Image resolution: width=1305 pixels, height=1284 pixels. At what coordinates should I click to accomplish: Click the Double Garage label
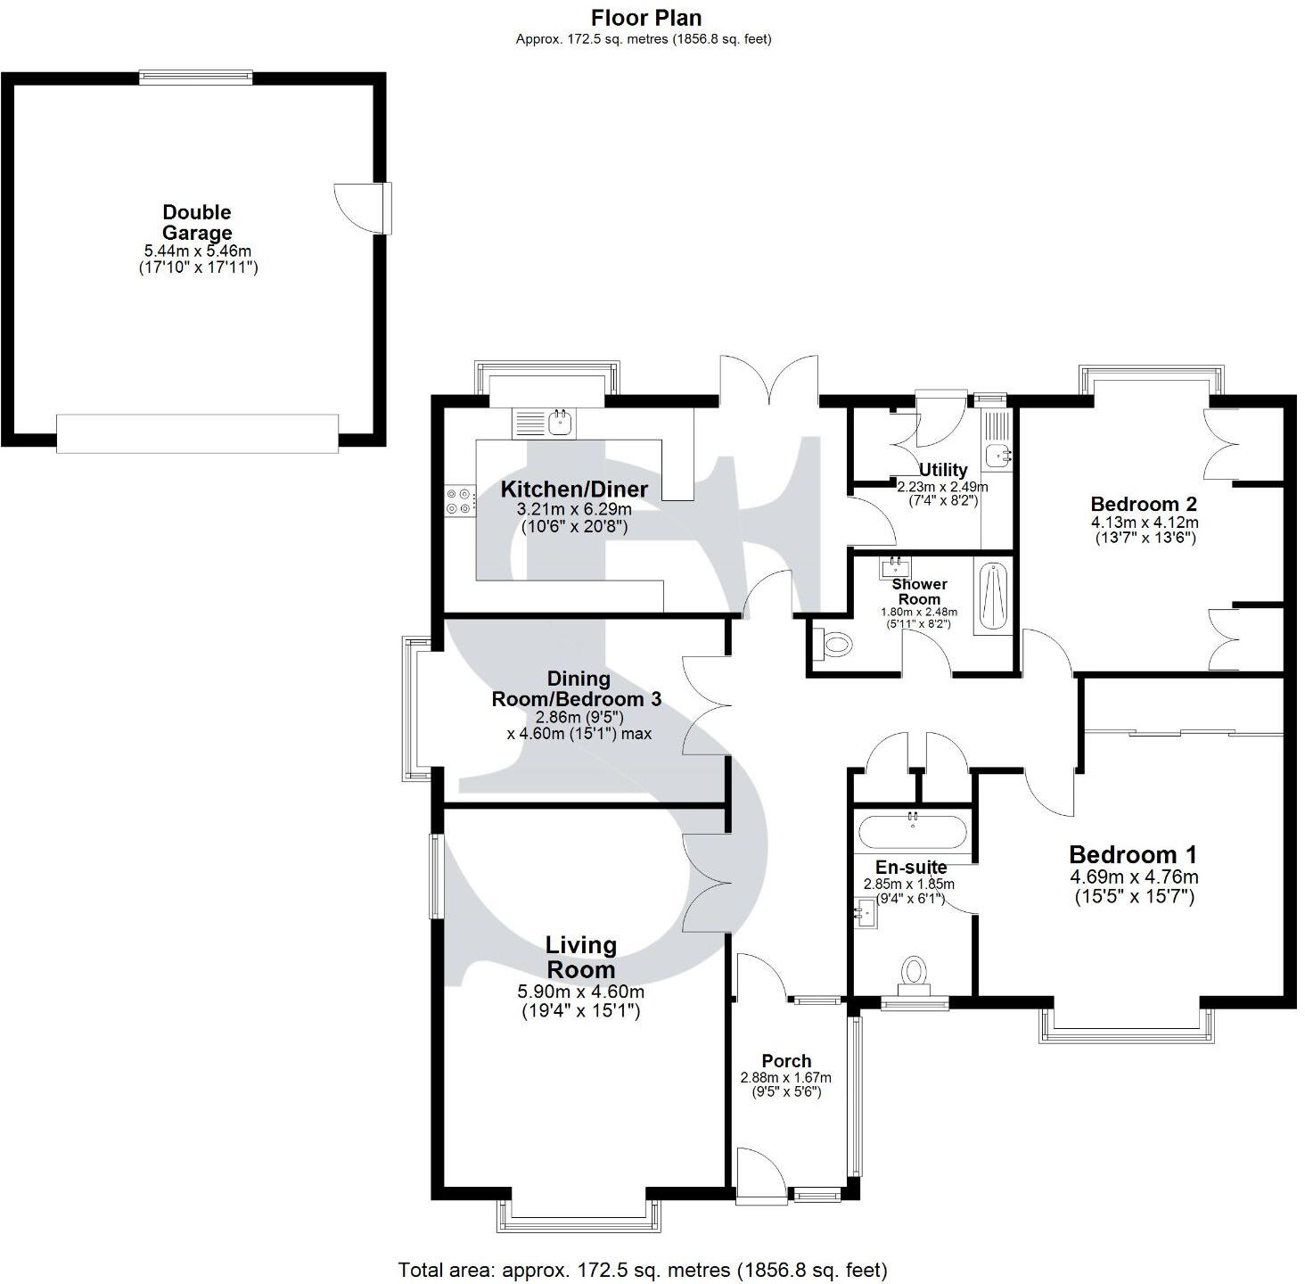tap(196, 223)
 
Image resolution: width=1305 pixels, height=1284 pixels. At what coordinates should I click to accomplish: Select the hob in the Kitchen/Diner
tap(459, 500)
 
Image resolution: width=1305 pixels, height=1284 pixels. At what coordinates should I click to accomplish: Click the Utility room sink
tap(999, 455)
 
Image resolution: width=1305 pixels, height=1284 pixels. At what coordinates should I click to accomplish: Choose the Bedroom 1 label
tap(1132, 854)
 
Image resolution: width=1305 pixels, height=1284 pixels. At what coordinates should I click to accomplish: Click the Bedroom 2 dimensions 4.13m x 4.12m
tap(1145, 523)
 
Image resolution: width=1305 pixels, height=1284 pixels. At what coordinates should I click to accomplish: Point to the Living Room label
tap(580, 957)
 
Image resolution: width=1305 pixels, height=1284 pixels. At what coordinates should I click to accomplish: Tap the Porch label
tap(786, 1061)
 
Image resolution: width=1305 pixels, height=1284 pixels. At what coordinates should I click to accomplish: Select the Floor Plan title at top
tap(647, 18)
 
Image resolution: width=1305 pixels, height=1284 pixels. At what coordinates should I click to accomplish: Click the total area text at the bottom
tap(643, 1270)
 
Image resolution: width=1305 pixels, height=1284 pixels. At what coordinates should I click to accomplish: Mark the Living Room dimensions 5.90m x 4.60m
tap(580, 992)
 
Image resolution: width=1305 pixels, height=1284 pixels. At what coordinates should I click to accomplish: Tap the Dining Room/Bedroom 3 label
tap(577, 689)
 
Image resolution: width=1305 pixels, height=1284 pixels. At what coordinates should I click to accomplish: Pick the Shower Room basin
tap(895, 567)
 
